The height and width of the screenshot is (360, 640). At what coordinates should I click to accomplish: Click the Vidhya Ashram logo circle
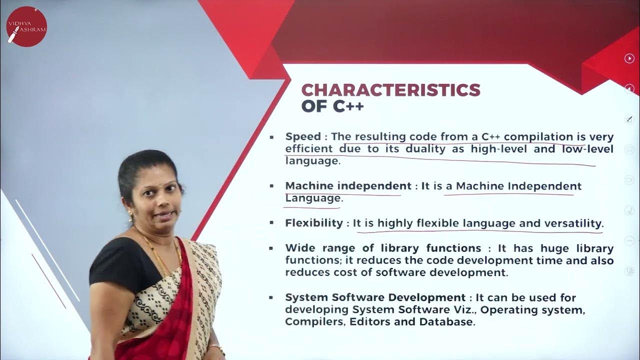tap(26, 26)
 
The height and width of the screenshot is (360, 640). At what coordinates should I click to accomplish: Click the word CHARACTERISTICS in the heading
tap(390, 90)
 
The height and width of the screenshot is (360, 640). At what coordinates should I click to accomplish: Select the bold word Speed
tap(303, 136)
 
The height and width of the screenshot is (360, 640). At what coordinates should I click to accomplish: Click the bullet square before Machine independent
tap(271, 186)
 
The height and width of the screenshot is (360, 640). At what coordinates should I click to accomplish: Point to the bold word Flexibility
tap(313, 223)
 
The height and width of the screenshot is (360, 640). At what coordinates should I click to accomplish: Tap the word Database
tap(446, 322)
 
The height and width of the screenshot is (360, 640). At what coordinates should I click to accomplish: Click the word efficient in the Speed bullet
tap(308, 149)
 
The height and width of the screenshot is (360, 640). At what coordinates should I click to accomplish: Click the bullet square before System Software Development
tap(271, 297)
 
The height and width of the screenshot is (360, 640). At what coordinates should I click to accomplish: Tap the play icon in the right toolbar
tap(629, 58)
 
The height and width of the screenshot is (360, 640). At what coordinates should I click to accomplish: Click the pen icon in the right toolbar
tap(629, 119)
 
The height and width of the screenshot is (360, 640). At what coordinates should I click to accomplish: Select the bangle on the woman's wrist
tap(216, 347)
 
